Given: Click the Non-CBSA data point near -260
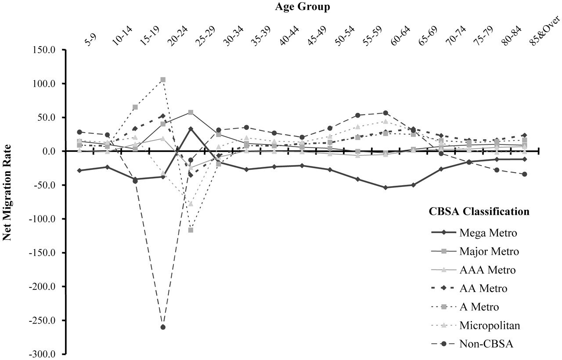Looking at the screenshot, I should (163, 327).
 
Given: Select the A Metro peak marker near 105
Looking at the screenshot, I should (163, 80).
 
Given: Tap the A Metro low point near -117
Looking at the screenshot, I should (191, 230).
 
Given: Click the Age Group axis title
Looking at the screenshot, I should (303, 7).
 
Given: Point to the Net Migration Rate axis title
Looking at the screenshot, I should (8, 193).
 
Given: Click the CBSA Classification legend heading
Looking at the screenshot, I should (479, 212).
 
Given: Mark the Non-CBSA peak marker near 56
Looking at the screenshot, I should (385, 113).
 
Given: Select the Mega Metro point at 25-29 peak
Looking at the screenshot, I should (191, 129).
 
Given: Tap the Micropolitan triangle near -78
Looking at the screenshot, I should (191, 204).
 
